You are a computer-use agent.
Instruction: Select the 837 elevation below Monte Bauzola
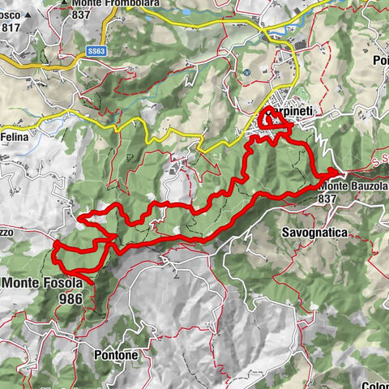(x=327, y=198)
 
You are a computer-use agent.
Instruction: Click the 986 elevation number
(x=71, y=298)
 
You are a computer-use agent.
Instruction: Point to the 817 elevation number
(x=11, y=27)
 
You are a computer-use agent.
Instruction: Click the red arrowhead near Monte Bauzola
(x=331, y=173)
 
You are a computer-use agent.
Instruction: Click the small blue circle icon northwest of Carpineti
(x=246, y=73)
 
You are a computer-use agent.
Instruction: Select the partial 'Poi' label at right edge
(x=380, y=61)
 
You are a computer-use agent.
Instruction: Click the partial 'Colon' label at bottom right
(x=375, y=385)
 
